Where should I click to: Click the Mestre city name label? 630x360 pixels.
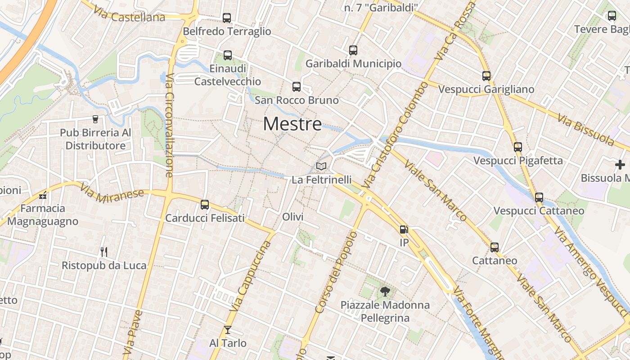click(292, 124)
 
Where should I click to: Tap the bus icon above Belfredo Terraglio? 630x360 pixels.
click(227, 18)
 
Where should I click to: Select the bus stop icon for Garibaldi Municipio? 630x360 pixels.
click(353, 50)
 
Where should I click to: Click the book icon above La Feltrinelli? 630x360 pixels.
click(321, 166)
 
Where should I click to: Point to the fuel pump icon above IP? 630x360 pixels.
click(404, 229)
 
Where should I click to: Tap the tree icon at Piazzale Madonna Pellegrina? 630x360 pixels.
click(385, 292)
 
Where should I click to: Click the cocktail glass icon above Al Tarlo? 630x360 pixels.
click(228, 330)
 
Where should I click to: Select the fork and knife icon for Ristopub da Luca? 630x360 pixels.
click(104, 252)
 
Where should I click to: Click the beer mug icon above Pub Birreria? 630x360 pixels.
click(95, 119)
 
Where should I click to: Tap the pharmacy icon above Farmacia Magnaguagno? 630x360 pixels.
click(43, 195)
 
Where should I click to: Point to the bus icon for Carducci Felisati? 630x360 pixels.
click(205, 205)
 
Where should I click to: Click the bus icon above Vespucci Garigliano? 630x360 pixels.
click(486, 76)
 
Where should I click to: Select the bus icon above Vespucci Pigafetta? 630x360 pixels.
click(518, 147)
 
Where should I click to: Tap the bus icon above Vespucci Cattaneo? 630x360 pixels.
click(539, 198)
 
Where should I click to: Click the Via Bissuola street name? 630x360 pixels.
click(585, 130)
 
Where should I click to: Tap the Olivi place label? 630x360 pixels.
click(292, 217)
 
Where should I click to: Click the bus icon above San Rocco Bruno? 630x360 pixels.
click(296, 87)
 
